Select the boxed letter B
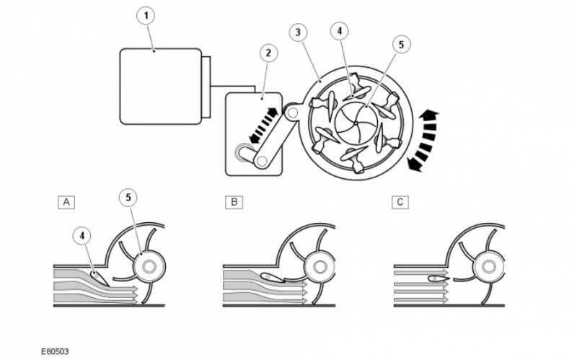[233, 201]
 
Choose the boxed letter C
[399, 201]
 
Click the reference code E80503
[55, 351]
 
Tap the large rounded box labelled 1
[160, 86]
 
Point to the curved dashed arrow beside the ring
[422, 141]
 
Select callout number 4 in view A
[84, 234]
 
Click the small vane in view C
[436, 278]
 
